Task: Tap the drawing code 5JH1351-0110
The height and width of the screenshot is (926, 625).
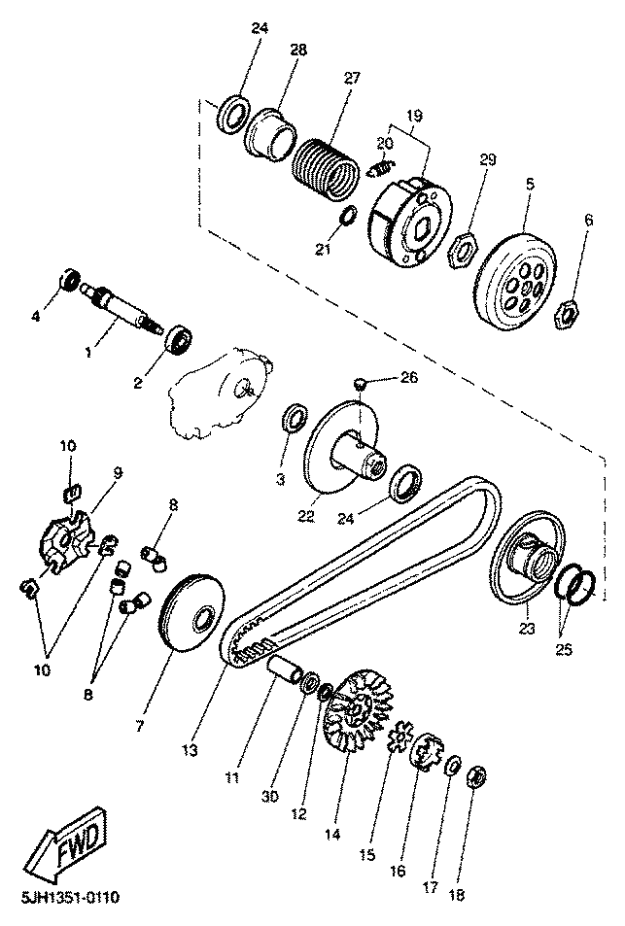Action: [70, 898]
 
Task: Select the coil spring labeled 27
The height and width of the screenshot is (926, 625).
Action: [326, 166]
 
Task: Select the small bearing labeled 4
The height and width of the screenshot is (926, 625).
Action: [71, 278]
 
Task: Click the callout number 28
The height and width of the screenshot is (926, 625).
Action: [298, 50]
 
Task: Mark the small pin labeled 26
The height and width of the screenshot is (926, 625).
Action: [360, 385]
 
